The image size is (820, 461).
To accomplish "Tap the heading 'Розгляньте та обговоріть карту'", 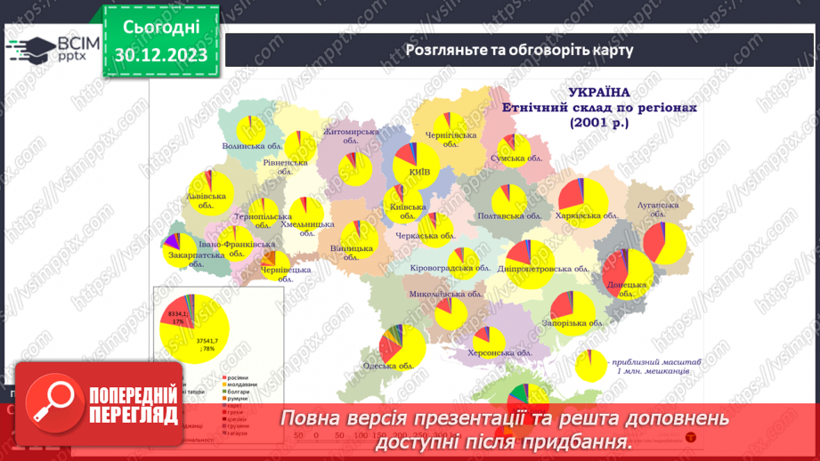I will (519, 50).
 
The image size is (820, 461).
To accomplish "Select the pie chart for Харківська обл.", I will (582, 201).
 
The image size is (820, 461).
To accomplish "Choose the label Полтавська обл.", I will (510, 216).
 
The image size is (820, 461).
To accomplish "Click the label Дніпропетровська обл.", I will (544, 269).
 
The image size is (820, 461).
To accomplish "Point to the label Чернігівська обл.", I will (451, 134).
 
